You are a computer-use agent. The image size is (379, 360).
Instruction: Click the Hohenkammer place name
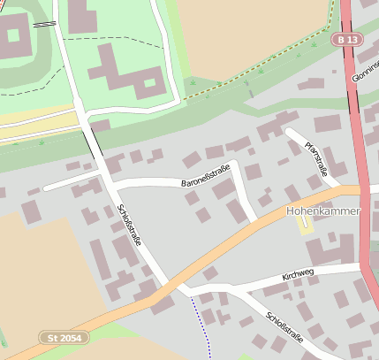click(x=323, y=212)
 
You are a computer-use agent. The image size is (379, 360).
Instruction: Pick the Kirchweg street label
click(x=298, y=277)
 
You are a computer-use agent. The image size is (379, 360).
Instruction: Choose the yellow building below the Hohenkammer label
click(x=306, y=226)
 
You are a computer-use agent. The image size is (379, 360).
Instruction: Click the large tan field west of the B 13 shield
click(x=256, y=35)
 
